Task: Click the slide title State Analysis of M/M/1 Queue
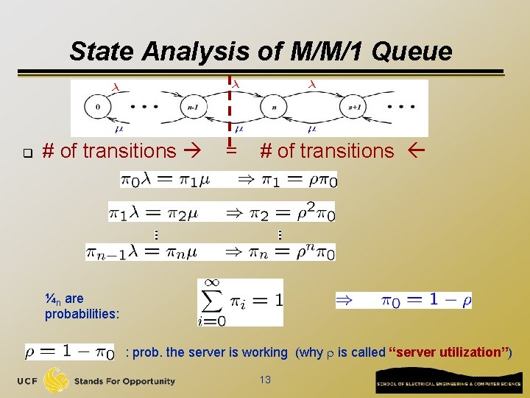coord(261,51)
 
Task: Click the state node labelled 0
coord(98,106)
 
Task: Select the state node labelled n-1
coord(192,107)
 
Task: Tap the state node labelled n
coord(275,107)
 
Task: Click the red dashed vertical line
coord(230,111)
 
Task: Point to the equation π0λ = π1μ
coord(166,180)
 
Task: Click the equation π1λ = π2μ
coord(154,212)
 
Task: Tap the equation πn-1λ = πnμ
coord(141,252)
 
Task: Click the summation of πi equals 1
coord(240,302)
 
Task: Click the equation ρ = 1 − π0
coord(70,353)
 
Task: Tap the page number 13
coord(266,379)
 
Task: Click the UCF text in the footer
coord(26,381)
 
